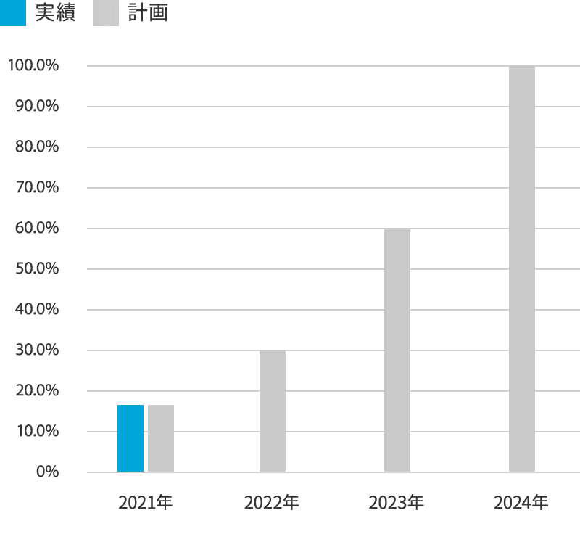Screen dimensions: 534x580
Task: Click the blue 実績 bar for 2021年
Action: (x=130, y=438)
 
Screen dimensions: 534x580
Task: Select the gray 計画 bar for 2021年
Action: (x=161, y=438)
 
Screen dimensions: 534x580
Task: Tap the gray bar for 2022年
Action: (x=273, y=411)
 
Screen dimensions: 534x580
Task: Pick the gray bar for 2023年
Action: (x=397, y=350)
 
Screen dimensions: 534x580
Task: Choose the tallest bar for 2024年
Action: (x=522, y=269)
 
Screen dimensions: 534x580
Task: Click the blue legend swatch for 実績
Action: (x=13, y=13)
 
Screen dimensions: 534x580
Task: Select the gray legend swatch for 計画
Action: (x=106, y=13)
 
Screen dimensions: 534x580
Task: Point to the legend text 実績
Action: (x=55, y=13)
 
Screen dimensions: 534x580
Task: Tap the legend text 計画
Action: (x=148, y=13)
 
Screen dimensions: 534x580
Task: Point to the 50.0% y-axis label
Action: (x=37, y=269)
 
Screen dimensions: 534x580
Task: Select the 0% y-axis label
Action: (x=46, y=472)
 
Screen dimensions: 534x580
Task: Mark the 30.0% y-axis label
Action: (x=37, y=350)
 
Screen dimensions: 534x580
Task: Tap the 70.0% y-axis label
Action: (x=37, y=188)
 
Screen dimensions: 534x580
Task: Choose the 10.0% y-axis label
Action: (x=37, y=432)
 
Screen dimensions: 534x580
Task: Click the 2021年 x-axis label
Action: (x=146, y=502)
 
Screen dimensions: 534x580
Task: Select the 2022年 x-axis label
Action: (x=271, y=502)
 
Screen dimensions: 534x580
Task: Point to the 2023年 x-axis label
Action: (x=396, y=502)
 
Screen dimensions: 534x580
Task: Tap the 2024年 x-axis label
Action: (x=521, y=502)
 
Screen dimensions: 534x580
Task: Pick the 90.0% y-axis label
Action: (x=37, y=107)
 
